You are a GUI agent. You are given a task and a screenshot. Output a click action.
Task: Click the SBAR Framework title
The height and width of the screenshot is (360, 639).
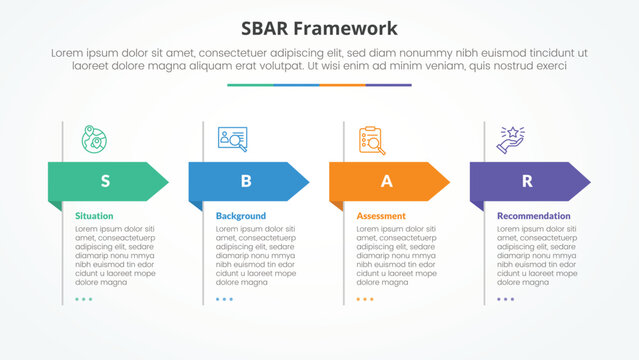319,28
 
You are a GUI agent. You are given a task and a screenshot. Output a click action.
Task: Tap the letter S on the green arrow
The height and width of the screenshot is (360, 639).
105,181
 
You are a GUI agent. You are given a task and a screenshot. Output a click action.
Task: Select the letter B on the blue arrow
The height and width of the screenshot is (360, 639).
246,181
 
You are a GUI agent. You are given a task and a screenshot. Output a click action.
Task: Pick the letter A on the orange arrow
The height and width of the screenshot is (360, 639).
386,181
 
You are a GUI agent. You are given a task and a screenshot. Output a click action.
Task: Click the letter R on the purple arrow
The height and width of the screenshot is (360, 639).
527,181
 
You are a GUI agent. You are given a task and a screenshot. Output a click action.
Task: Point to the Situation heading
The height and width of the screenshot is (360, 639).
94,216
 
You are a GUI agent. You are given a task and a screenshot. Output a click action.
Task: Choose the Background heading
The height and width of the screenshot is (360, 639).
241,216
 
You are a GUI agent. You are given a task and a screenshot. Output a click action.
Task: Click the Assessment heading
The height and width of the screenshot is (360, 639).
381,216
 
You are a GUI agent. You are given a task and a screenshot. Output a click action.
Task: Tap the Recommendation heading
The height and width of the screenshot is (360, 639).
534,216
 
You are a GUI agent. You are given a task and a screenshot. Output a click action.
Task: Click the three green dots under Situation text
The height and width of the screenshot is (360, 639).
83,299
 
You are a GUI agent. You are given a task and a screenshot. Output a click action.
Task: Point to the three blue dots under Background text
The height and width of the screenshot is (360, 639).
224,299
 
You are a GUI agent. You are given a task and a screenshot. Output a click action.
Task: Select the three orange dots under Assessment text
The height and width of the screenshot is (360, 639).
365,299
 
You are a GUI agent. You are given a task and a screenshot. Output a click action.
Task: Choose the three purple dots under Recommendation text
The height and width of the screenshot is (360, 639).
505,299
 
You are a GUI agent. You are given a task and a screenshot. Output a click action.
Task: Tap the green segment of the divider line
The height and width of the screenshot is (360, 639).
250,85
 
